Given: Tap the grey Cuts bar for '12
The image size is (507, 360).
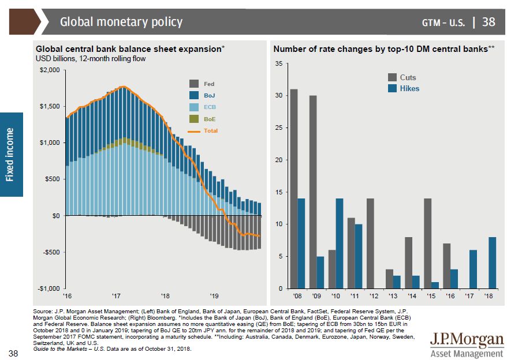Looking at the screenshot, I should (x=370, y=243).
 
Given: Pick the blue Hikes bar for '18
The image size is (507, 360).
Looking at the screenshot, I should (x=492, y=262).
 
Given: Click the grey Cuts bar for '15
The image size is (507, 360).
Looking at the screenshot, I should (x=427, y=243).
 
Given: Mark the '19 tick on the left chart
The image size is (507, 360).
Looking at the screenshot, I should (x=213, y=293).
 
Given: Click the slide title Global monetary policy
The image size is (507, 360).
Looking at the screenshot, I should (x=121, y=22).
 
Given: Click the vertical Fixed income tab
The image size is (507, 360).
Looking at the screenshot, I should (x=11, y=155).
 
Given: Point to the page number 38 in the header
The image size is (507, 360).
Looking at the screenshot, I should (x=489, y=22).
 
